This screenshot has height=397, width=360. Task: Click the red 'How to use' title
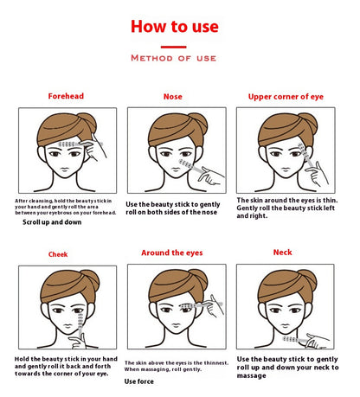click(175, 26)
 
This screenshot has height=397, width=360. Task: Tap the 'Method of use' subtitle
click(173, 58)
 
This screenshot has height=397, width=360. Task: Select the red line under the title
click(173, 47)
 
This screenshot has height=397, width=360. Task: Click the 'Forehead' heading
click(66, 96)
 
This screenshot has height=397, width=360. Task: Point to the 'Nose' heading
click(173, 97)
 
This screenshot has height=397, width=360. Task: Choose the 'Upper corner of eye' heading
click(286, 97)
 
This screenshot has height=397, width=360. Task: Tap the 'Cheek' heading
click(58, 254)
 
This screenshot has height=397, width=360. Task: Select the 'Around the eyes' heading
click(172, 253)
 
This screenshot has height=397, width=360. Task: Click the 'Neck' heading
click(283, 253)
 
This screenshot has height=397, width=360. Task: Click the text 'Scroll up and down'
click(52, 222)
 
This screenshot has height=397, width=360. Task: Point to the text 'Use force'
click(139, 381)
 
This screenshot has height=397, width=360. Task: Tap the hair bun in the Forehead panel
click(87, 122)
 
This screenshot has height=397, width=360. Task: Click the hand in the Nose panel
click(211, 176)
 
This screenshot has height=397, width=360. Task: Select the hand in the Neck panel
click(317, 341)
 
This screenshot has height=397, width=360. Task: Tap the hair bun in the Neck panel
click(308, 279)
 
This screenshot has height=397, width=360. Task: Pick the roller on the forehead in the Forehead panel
click(68, 144)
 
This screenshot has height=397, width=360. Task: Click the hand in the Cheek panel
click(77, 342)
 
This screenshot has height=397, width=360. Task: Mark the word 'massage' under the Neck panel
click(251, 375)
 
